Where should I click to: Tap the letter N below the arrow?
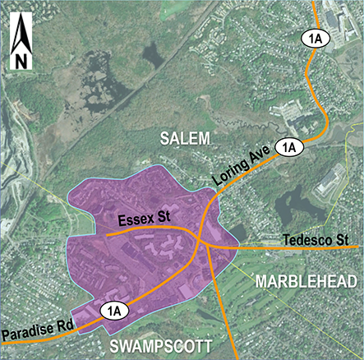click(x=20, y=60)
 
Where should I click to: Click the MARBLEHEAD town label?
click(x=306, y=282)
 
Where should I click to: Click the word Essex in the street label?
click(x=134, y=220)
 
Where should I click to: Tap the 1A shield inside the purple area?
click(x=114, y=310)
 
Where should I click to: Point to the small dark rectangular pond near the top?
click(x=153, y=54)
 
